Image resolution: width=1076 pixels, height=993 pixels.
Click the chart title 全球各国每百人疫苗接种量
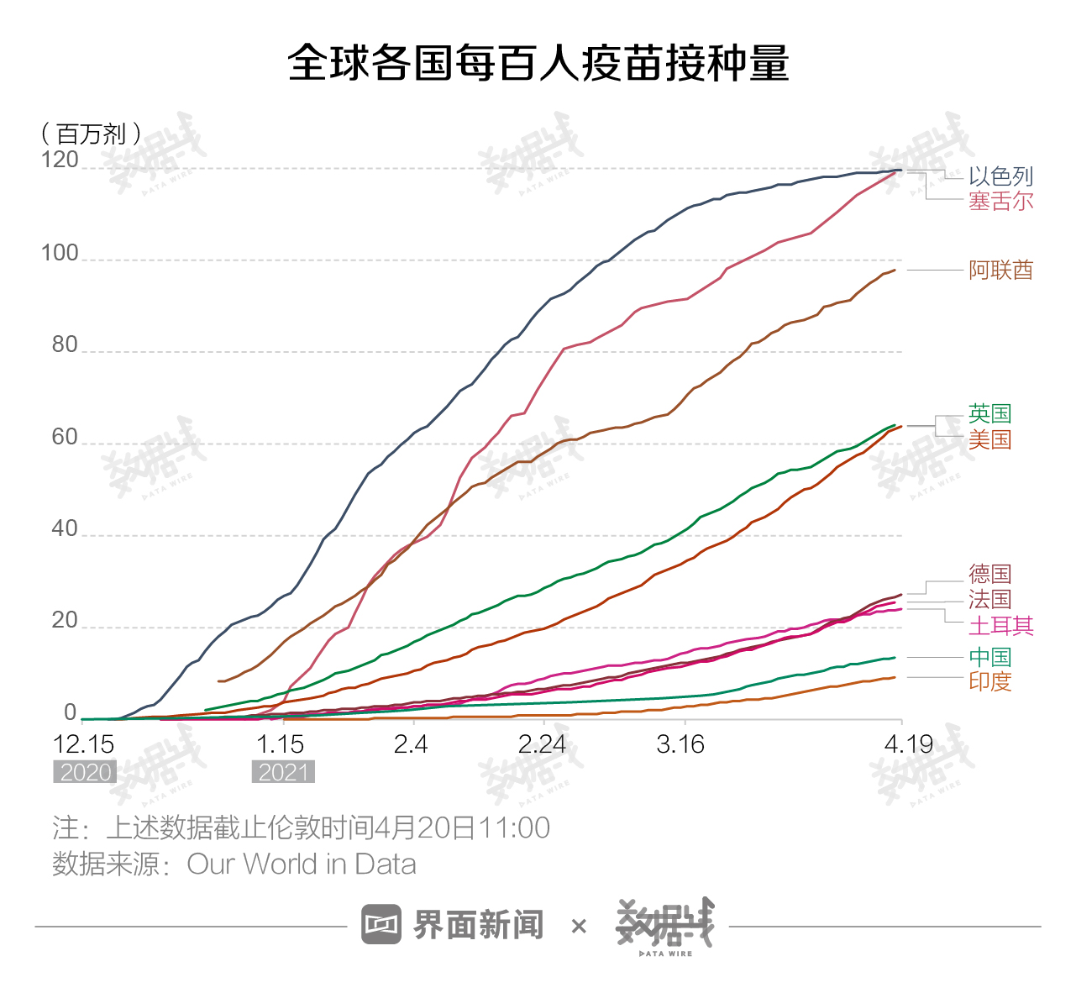pyautogui.click(x=538, y=63)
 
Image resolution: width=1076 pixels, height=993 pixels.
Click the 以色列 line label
pyautogui.click(x=1000, y=176)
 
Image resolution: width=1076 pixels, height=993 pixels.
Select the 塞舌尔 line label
pyautogui.click(x=1000, y=202)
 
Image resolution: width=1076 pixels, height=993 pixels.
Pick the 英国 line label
pyautogui.click(x=989, y=413)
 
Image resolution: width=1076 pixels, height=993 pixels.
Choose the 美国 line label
pyautogui.click(x=989, y=439)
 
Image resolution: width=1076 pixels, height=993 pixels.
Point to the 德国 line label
pyautogui.click(x=989, y=574)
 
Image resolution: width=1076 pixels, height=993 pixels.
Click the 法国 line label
pyautogui.click(x=989, y=599)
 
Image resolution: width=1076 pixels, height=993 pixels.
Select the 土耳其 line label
pyautogui.click(x=1000, y=626)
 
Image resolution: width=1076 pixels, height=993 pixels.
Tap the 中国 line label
pyautogui.click(x=989, y=657)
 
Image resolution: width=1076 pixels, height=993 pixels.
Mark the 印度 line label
pyautogui.click(x=989, y=681)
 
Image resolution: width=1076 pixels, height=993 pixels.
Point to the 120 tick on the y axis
pyautogui.click(x=60, y=160)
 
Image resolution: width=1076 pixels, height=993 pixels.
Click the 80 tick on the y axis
pyautogui.click(x=65, y=344)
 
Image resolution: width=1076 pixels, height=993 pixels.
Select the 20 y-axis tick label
pyautogui.click(x=65, y=621)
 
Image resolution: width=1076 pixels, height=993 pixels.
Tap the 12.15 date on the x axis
pyautogui.click(x=84, y=744)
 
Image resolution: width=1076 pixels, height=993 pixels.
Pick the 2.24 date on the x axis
pyautogui.click(x=542, y=744)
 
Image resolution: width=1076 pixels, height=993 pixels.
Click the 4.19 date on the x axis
pyautogui.click(x=909, y=744)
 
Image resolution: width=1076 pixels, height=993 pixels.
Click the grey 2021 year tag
pyautogui.click(x=283, y=772)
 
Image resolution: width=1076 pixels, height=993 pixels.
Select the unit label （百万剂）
pyautogui.click(x=91, y=134)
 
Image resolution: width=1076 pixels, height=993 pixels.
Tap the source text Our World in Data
pyautogui.click(x=301, y=864)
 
